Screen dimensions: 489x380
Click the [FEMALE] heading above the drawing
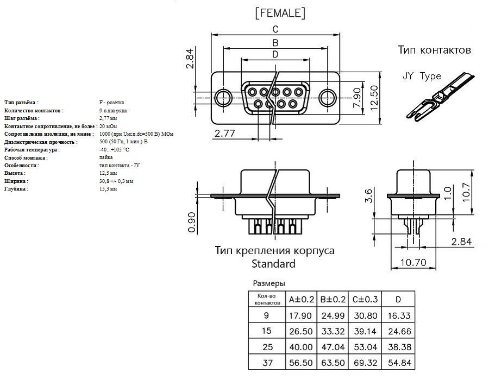coord(280,13)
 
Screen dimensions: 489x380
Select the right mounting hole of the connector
coord(327,98)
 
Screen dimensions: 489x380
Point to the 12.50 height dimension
coord(374,98)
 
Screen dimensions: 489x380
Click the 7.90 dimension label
coord(357,98)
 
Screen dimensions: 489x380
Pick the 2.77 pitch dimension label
coord(224,134)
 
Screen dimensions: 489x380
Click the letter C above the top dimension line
coord(275,29)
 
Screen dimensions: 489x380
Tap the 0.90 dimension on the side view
coord(192,222)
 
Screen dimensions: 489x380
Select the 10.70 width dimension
coord(413,263)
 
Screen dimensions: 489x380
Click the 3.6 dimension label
coord(368,195)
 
